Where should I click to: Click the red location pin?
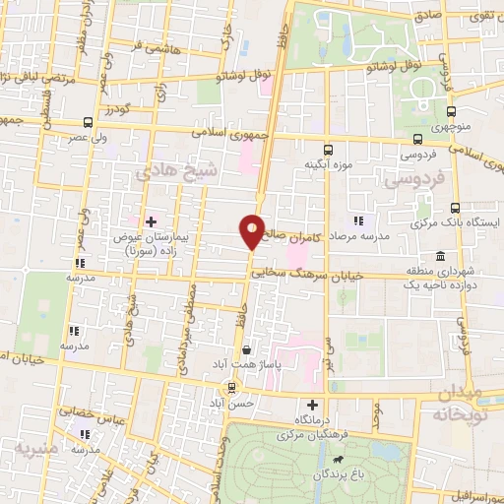click(252, 230)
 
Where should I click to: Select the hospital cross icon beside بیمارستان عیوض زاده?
click(151, 221)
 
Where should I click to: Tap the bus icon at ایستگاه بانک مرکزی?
click(454, 208)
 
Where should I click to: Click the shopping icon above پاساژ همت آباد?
click(245, 348)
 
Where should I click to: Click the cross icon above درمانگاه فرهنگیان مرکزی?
click(313, 405)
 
